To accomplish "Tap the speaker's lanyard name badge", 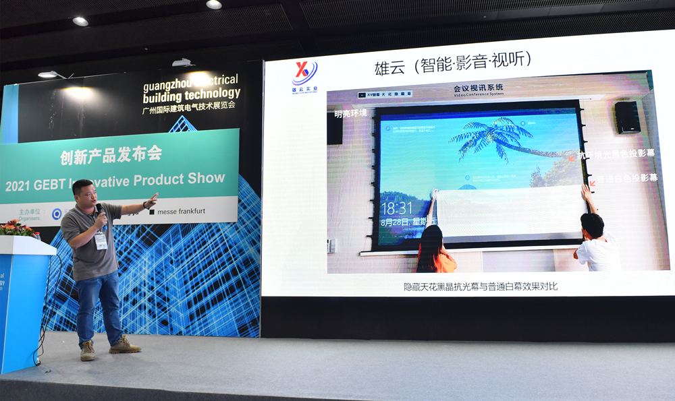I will (101, 241).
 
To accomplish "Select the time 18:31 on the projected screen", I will (396, 208).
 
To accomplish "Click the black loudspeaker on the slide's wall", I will (627, 117).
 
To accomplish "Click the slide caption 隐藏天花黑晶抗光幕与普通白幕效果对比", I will (480, 287).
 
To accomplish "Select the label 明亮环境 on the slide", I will (351, 113).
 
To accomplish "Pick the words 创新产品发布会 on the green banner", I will (111, 155).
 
